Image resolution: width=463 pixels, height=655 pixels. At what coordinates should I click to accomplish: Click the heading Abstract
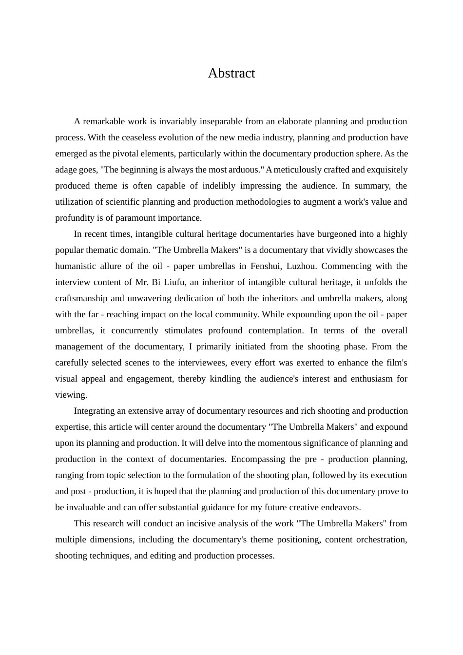coord(231,73)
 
